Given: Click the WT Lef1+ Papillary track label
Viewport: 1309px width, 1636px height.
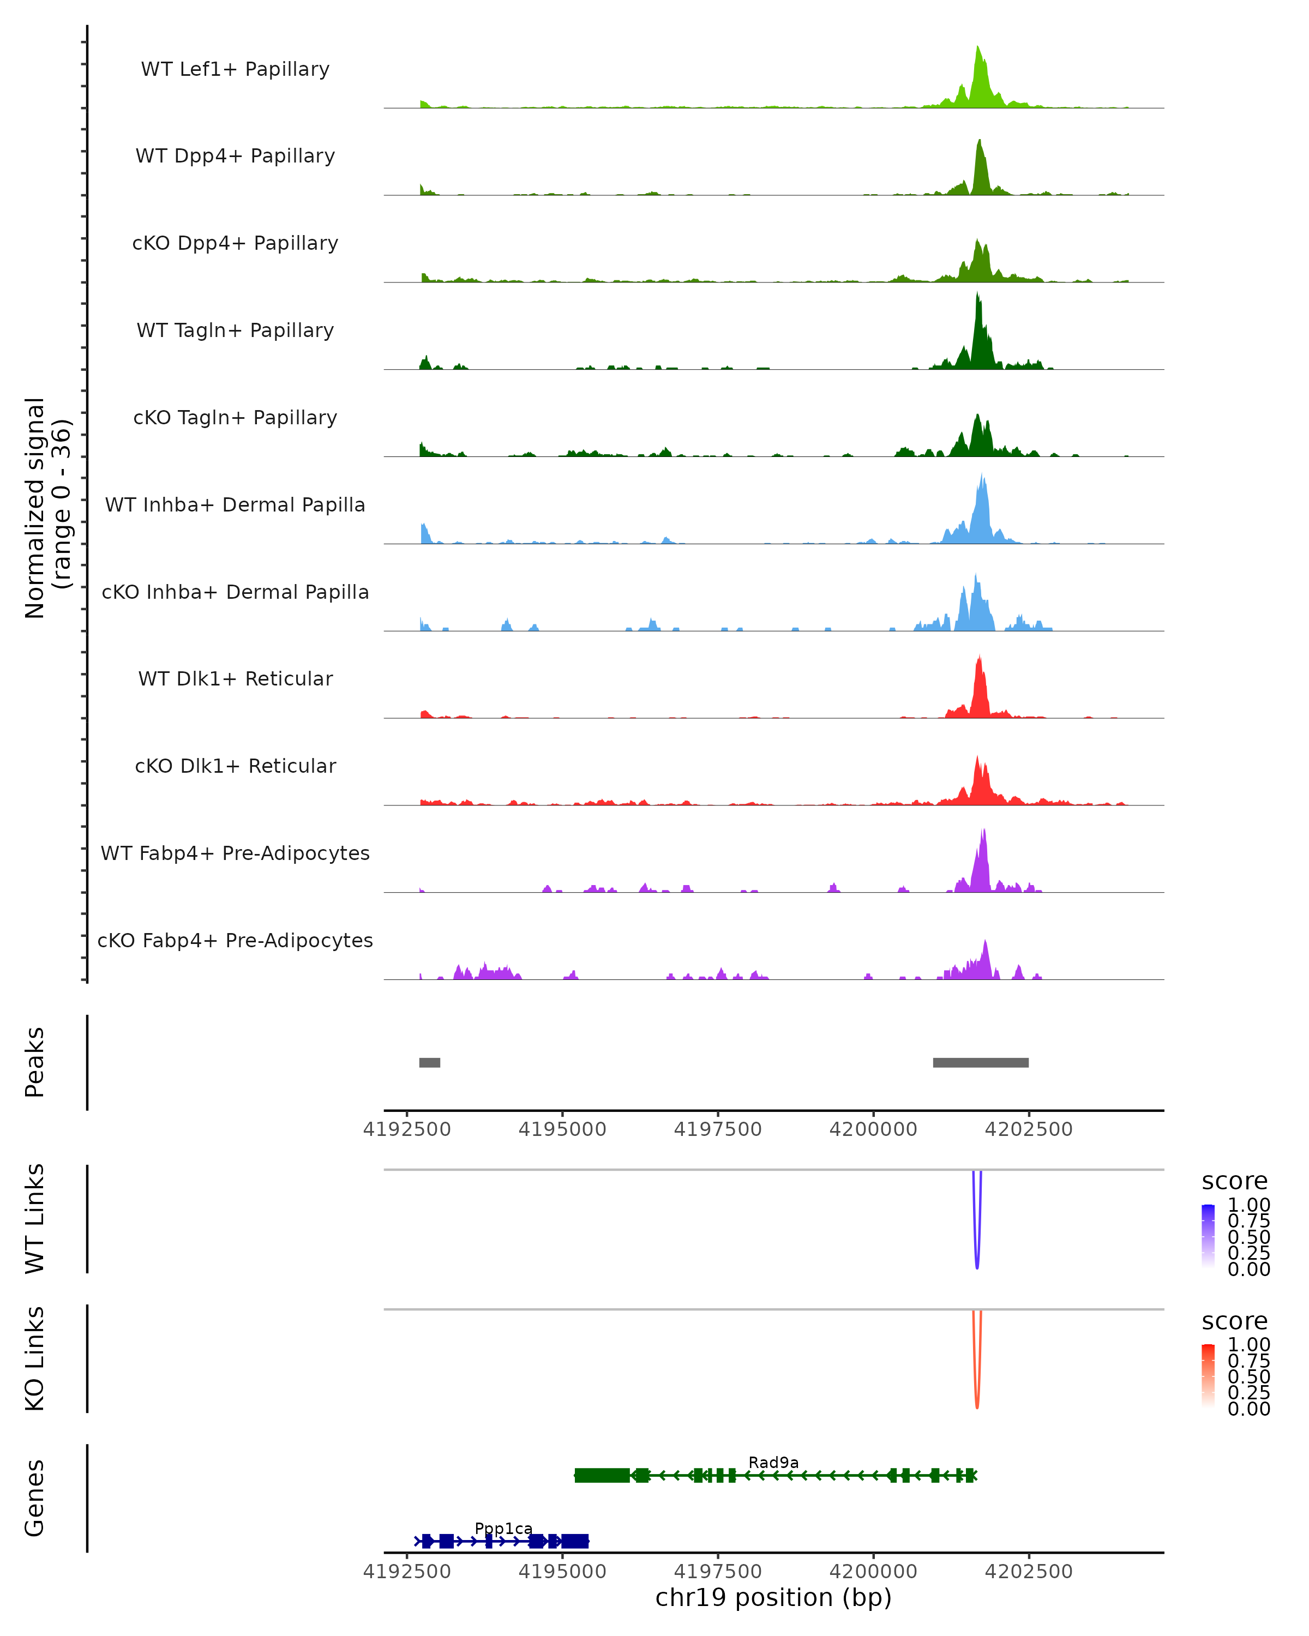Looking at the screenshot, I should (235, 69).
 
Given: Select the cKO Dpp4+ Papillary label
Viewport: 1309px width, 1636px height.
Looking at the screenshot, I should (235, 243).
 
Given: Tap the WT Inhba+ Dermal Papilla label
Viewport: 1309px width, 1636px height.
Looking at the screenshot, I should (235, 504).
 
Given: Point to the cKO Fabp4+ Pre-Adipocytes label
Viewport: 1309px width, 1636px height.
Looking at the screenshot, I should (235, 940).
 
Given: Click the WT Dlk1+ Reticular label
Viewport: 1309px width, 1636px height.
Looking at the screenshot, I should (235, 678).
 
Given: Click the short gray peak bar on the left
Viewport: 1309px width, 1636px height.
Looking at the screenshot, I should (429, 1062).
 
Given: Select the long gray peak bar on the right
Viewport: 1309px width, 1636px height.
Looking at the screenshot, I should (981, 1062).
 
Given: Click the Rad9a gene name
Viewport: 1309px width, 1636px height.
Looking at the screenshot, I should (773, 1462).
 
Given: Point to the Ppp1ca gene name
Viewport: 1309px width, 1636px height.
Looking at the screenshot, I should (503, 1528).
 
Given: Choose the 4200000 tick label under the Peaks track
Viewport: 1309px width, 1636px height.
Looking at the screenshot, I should (873, 1129).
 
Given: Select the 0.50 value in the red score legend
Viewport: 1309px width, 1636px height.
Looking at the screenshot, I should (1248, 1376).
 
